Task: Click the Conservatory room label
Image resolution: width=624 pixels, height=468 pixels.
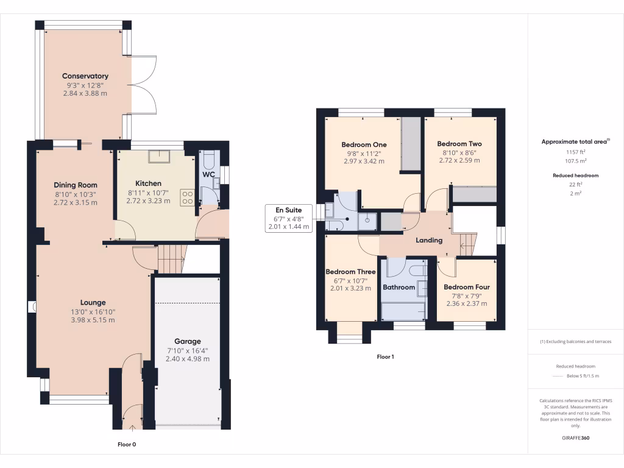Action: point(85,76)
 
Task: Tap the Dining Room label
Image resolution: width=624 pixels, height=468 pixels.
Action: point(76,185)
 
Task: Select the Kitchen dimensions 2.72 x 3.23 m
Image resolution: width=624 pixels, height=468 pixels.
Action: point(148,200)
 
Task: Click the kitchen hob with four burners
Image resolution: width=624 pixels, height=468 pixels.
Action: point(187,197)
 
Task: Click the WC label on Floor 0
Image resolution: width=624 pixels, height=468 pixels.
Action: point(209,174)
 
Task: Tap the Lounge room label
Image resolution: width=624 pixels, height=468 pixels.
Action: point(93,302)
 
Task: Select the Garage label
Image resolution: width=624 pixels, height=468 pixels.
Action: point(188,341)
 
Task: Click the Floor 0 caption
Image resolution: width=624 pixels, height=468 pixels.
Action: point(127,444)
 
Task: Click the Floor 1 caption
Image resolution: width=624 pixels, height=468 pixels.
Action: point(385,356)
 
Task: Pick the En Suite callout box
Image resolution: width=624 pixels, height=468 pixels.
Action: point(289,218)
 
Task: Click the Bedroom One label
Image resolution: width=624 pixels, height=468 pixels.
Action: point(363,144)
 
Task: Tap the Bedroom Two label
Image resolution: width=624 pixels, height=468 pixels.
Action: point(459,144)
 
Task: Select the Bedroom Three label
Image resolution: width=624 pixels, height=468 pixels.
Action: point(350,272)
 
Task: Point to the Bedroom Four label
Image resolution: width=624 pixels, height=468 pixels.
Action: point(467,287)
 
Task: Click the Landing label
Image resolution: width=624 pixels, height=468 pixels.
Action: point(429,240)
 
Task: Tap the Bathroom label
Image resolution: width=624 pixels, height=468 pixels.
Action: point(399,287)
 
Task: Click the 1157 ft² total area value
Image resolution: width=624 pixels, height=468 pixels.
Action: point(576,152)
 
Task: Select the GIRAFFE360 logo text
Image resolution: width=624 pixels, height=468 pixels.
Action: point(576,438)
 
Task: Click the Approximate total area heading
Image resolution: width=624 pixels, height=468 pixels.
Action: point(575,141)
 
